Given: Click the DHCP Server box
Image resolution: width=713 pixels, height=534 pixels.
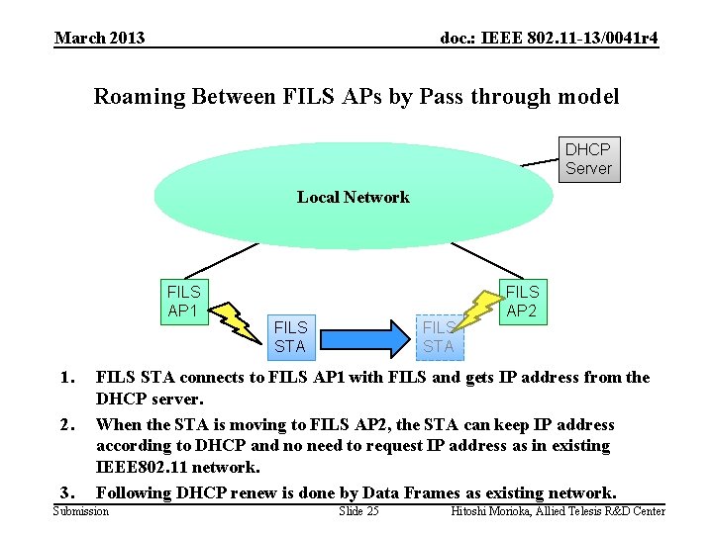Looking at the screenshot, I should coord(588,159).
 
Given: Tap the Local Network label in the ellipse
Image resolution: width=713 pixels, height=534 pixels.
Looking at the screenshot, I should coord(353,197).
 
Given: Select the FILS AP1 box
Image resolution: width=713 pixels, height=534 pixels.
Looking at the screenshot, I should coord(183,302).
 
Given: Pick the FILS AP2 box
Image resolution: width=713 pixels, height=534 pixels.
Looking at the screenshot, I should coord(522,302).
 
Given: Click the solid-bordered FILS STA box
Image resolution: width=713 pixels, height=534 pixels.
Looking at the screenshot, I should coord(290,336).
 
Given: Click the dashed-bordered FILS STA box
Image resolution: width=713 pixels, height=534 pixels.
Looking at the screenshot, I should coord(438,336).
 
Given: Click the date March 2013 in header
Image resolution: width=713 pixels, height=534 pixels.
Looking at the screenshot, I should coord(99,39).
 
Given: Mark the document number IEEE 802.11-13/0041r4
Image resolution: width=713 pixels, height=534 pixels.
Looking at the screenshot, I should coord(549,39).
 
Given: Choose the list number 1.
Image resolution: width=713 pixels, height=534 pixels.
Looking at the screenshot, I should coord(66,378).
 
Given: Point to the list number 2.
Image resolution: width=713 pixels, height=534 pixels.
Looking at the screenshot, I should coord(66,425).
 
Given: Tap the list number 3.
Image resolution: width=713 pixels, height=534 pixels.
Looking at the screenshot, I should coord(66,492).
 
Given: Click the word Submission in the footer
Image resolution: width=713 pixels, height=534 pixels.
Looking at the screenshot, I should coord(81,511).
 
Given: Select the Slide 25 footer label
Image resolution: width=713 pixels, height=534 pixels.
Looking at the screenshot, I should coord(358,511).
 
